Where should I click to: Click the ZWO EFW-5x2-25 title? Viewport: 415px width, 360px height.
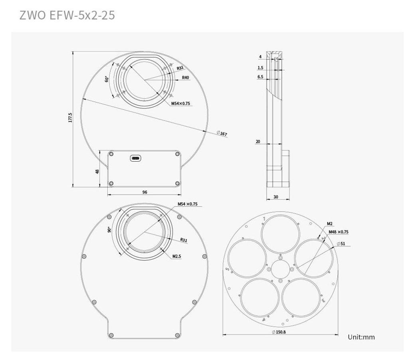(67, 15)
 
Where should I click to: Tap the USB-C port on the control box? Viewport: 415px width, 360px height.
(136, 158)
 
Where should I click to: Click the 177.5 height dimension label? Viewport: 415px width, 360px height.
(70, 117)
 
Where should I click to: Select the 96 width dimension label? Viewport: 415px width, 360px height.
(144, 192)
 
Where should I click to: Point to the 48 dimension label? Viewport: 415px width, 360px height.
(97, 171)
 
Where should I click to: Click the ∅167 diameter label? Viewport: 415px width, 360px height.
(222, 133)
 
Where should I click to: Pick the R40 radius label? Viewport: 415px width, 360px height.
(186, 77)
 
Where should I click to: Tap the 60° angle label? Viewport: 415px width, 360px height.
(107, 79)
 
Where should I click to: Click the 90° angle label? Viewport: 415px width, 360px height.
(109, 229)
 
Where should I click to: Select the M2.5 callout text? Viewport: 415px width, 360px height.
(176, 256)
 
